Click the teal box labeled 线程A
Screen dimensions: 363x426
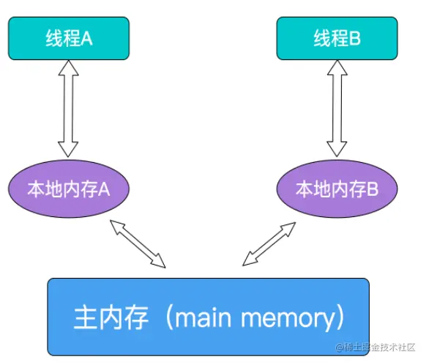tap(69, 38)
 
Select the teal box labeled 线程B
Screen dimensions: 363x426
tap(337, 38)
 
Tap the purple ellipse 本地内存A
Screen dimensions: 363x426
tap(69, 189)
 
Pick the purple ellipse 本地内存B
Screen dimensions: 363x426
tap(337, 189)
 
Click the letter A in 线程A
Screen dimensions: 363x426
tap(87, 38)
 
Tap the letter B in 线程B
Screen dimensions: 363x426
tap(355, 38)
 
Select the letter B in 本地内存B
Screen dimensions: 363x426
tap(372, 189)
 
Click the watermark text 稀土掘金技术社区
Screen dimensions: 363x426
tap(381, 346)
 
